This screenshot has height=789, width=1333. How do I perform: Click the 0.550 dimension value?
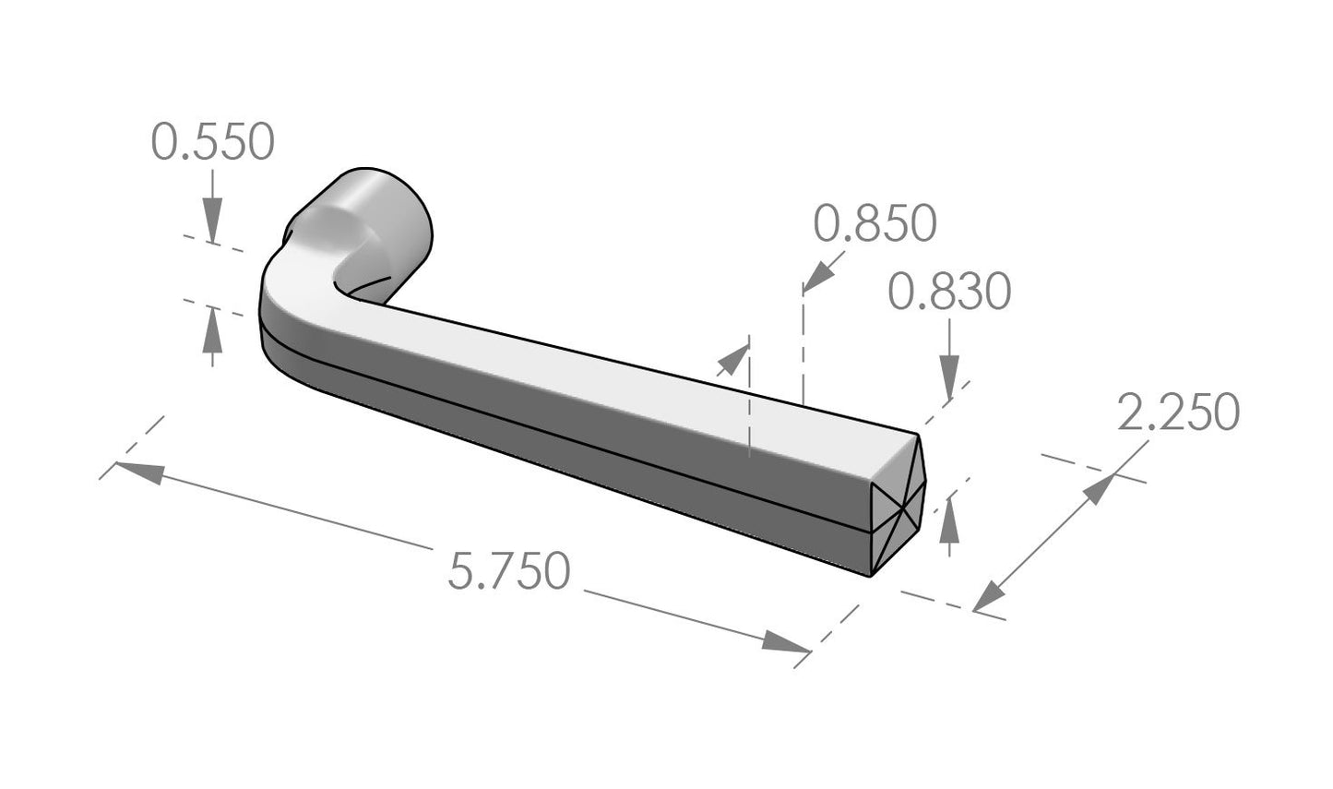pos(213,143)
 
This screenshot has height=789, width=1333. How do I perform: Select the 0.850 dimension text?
pos(875,223)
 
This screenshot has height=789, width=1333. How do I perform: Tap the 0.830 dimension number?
pos(949,293)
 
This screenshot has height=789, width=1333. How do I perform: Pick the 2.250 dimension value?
pos(1178,412)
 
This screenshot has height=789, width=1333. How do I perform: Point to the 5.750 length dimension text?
pos(508,571)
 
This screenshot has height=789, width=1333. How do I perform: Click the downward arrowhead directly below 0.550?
pos(212,222)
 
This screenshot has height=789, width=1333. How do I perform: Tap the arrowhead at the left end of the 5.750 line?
pos(138,472)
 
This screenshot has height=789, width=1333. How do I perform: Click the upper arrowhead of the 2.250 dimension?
pos(1097,489)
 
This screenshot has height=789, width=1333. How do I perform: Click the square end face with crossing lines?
pos(897,503)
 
